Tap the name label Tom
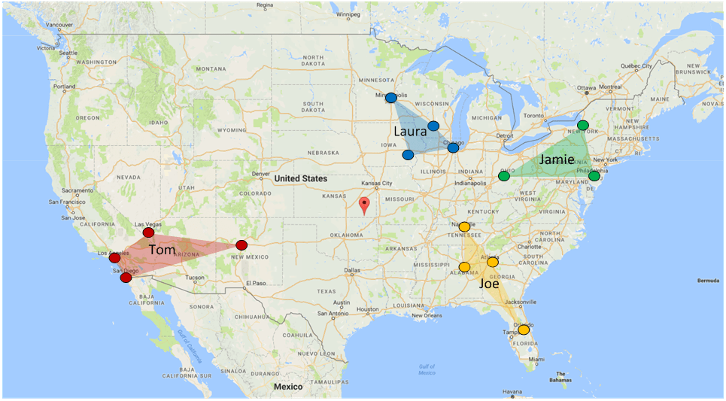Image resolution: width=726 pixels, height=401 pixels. point(163,249)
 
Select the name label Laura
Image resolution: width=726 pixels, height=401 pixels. point(411,131)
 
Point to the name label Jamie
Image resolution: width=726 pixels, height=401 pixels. point(556,159)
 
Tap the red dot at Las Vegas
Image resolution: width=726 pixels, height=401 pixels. point(148,232)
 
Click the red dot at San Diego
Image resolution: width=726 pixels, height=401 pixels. point(126,278)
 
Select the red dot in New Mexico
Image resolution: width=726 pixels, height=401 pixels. point(241,245)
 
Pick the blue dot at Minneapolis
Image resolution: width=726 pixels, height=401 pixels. point(391,98)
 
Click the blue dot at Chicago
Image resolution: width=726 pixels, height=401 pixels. point(453,147)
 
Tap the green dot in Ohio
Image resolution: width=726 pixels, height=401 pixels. point(503,176)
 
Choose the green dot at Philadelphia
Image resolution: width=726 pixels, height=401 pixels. point(594,176)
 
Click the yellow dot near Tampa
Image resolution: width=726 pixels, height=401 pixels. point(524,330)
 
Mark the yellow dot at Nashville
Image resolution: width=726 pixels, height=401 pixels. point(464,226)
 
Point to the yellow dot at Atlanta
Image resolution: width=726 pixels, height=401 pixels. point(493,262)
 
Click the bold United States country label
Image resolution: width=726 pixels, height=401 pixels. point(300,178)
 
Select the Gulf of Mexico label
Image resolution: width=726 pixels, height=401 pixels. point(427,369)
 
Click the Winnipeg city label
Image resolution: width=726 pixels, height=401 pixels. point(348,14)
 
